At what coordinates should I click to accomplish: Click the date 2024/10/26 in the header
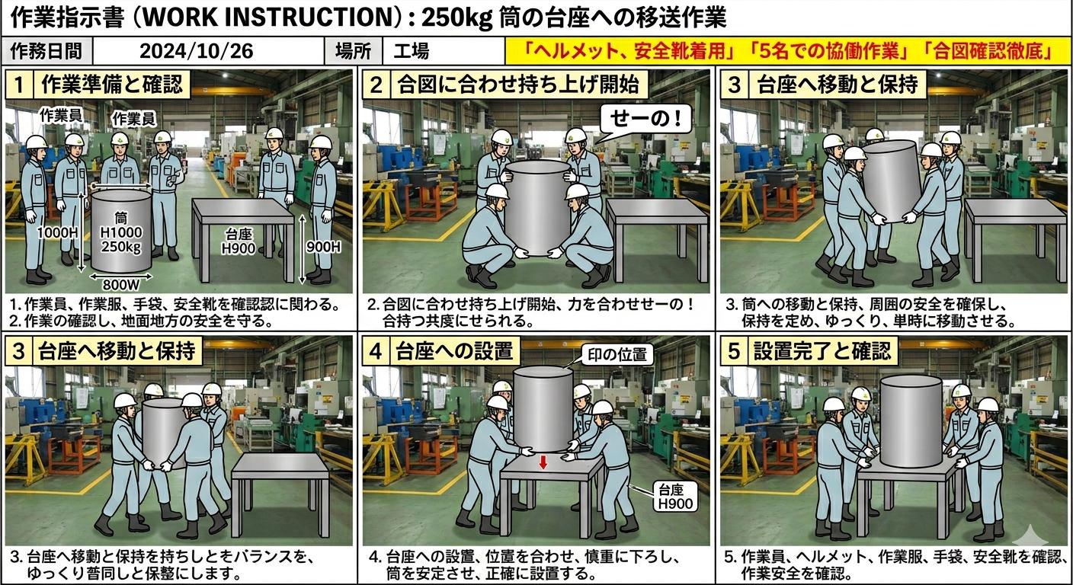pos(197,51)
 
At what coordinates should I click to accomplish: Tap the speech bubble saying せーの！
pos(645,119)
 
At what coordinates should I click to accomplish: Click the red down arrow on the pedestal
pos(543,462)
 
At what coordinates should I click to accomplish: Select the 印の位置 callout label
pos(617,354)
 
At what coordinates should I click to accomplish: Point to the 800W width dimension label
pos(120,285)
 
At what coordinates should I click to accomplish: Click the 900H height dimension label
pos(324,247)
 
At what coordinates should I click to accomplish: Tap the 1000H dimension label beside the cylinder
pos(57,232)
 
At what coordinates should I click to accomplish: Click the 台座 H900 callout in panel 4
pos(675,497)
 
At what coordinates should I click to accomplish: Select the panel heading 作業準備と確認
pos(112,85)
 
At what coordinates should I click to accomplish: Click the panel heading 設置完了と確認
pos(822,350)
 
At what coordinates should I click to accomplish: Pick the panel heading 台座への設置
pos(454,350)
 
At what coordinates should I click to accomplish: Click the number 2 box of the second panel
pos(376,85)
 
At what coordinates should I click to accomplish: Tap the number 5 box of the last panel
pos(734,351)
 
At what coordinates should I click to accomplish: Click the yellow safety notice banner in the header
pos(788,51)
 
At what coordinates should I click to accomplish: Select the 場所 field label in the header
pos(354,51)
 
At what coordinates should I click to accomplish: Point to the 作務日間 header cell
pos(46,51)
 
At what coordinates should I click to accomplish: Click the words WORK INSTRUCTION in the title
pos(268,18)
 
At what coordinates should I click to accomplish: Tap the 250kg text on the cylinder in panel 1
pos(120,247)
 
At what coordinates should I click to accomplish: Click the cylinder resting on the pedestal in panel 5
pos(911,421)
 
